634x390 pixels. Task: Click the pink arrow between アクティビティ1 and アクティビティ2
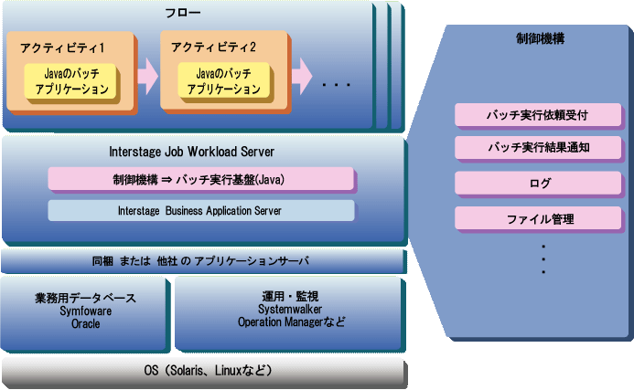point(147,78)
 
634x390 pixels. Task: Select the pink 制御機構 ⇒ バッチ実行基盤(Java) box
point(200,179)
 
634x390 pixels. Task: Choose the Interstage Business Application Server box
point(200,210)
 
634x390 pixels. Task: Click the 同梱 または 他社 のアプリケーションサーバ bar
point(201,262)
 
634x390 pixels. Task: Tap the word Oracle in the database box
point(85,323)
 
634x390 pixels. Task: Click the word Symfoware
point(85,311)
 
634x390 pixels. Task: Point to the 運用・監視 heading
point(289,297)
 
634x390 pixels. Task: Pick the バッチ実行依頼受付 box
point(540,115)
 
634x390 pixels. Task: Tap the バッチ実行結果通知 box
point(540,148)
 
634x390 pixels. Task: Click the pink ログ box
point(540,184)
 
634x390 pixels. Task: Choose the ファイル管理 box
point(540,219)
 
